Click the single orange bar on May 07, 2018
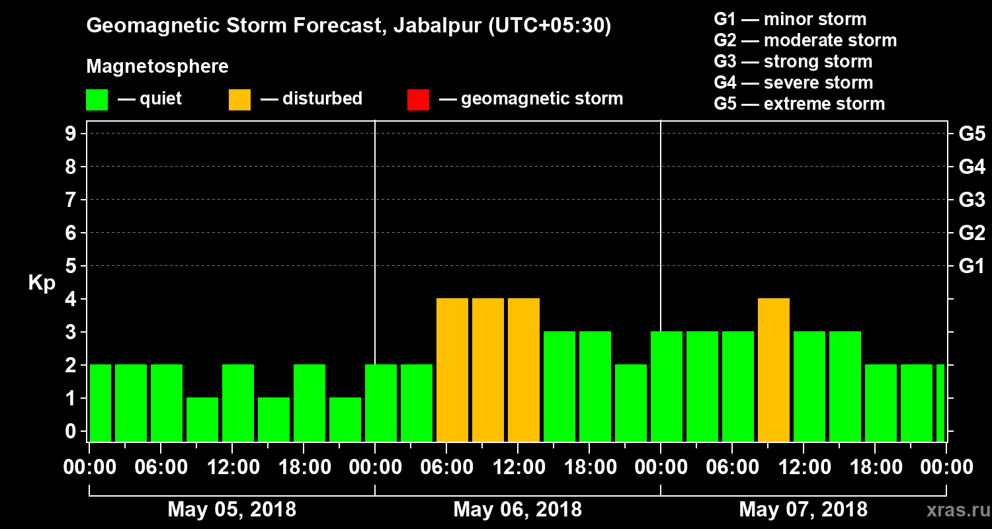(x=774, y=370)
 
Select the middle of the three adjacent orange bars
(x=488, y=370)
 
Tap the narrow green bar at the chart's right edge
(x=940, y=403)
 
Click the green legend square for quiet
(x=97, y=100)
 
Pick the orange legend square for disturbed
(x=239, y=100)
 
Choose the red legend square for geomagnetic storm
(x=418, y=100)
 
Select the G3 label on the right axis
(x=971, y=200)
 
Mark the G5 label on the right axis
(x=971, y=134)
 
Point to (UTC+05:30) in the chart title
(x=550, y=26)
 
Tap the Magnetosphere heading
(x=157, y=67)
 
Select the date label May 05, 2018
(x=232, y=509)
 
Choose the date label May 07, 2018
(x=803, y=509)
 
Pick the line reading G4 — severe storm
(x=793, y=83)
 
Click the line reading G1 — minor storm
(x=790, y=19)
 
